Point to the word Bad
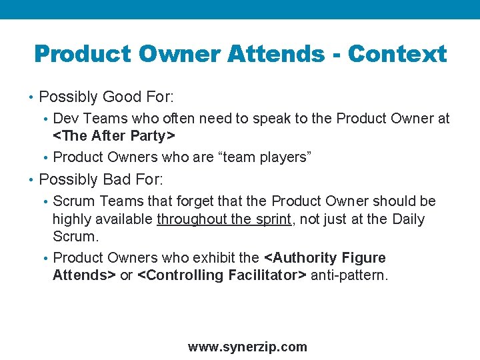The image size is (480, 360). tap(116, 179)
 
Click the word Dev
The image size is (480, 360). tap(65, 119)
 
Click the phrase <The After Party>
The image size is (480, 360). tap(113, 137)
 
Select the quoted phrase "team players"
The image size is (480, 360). tap(269, 157)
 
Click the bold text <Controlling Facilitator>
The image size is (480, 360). tap(221, 275)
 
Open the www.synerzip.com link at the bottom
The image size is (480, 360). tap(247, 347)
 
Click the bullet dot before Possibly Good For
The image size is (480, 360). tap(32, 98)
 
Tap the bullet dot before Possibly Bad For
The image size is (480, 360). tap(32, 180)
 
